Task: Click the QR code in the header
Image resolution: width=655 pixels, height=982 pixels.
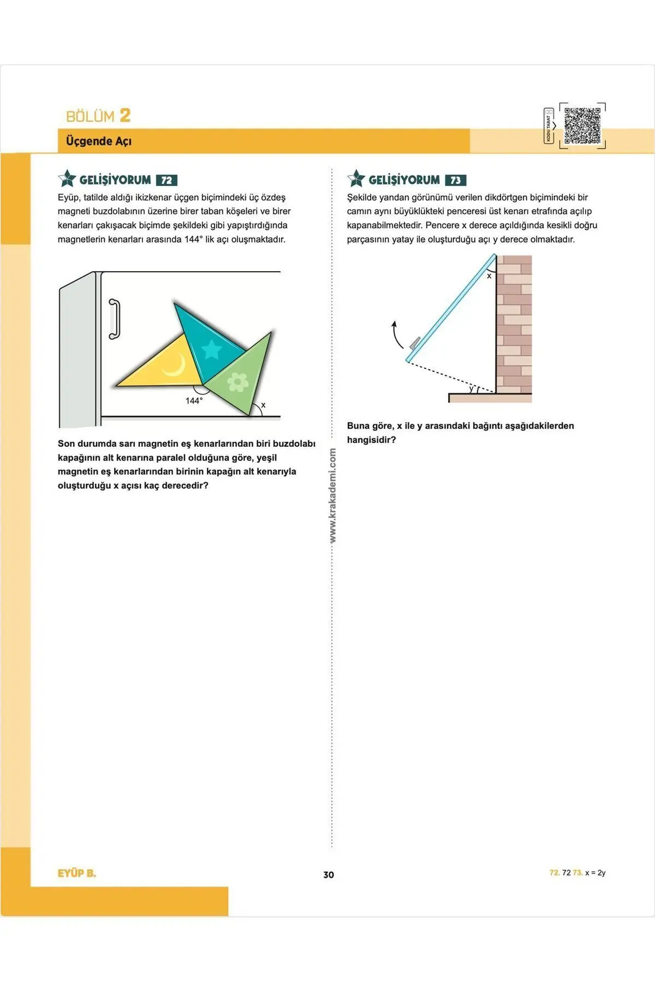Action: pyautogui.click(x=582, y=125)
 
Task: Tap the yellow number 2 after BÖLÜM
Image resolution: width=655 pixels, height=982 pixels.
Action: pyautogui.click(x=125, y=116)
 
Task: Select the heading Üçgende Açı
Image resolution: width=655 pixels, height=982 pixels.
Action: pyautogui.click(x=99, y=141)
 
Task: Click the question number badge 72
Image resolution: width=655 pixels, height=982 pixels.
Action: pyautogui.click(x=166, y=181)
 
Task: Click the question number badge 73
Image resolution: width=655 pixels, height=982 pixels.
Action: pyautogui.click(x=456, y=181)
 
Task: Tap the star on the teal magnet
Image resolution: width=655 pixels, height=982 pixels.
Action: pyautogui.click(x=211, y=349)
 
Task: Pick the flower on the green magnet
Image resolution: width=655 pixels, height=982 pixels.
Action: pyautogui.click(x=238, y=382)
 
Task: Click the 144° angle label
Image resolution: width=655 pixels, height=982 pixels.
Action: pyautogui.click(x=194, y=401)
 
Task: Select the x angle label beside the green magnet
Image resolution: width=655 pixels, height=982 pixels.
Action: pyautogui.click(x=263, y=405)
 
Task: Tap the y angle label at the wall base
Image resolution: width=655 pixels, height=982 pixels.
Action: pyautogui.click(x=472, y=388)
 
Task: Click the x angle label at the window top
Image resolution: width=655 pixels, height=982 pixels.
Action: pyautogui.click(x=489, y=276)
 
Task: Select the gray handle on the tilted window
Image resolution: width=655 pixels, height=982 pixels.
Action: pyautogui.click(x=415, y=343)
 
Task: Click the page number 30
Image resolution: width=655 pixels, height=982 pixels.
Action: pyautogui.click(x=329, y=875)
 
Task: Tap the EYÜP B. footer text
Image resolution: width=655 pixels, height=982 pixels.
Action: pyautogui.click(x=76, y=873)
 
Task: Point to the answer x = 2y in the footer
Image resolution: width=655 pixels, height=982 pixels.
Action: pyautogui.click(x=595, y=873)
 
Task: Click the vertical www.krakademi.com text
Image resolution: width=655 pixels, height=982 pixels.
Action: pyautogui.click(x=332, y=495)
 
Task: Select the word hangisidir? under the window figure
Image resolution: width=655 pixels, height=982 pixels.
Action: pyautogui.click(x=371, y=440)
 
